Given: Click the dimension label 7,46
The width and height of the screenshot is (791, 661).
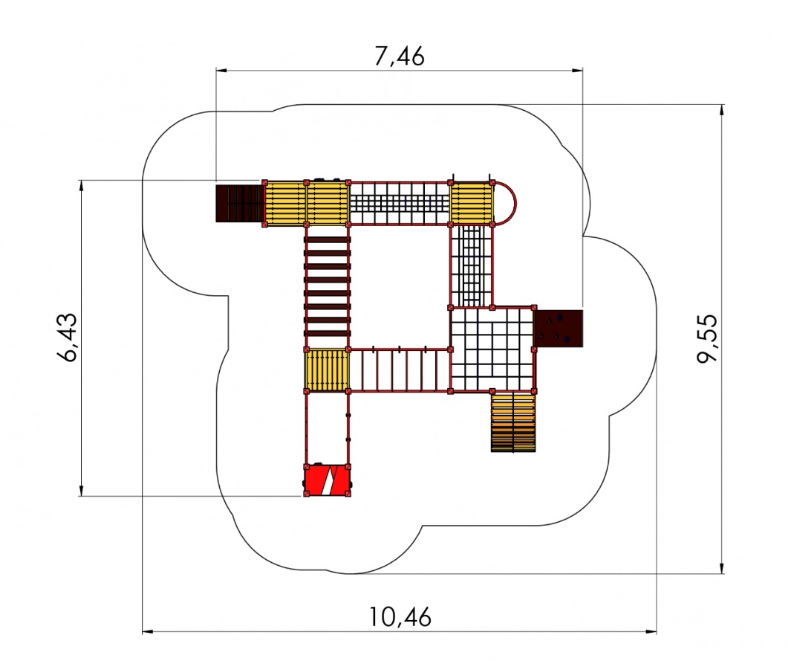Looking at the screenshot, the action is pyautogui.click(x=399, y=56).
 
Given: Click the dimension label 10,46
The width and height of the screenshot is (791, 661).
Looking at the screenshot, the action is pyautogui.click(x=400, y=616).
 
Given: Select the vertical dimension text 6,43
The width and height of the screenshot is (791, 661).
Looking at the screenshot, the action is pyautogui.click(x=68, y=338).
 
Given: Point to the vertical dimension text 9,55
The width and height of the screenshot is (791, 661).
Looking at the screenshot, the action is pyautogui.click(x=707, y=338).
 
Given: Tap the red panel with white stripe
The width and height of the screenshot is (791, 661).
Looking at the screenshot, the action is pyautogui.click(x=328, y=481).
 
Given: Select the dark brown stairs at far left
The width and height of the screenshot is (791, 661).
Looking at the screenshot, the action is pyautogui.click(x=240, y=204).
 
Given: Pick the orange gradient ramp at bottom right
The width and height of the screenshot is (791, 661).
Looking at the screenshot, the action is pyautogui.click(x=513, y=422).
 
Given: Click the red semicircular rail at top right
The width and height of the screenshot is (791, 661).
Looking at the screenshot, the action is pyautogui.click(x=515, y=203).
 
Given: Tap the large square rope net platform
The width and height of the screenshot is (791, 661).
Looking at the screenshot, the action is pyautogui.click(x=492, y=349).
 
